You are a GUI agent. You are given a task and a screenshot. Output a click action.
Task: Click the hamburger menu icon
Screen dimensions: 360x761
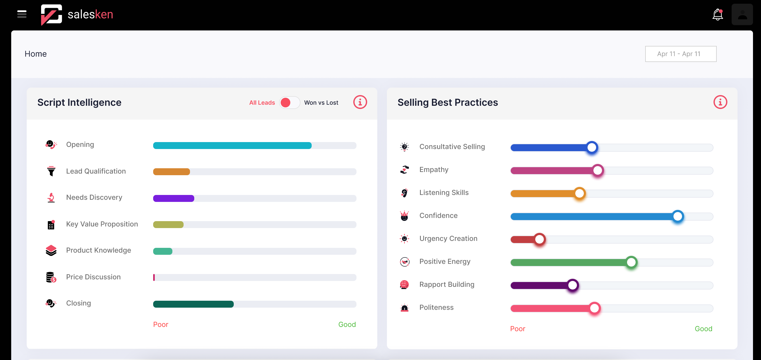coord(22,14)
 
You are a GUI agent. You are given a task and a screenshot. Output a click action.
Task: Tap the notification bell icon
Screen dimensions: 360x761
coord(717,14)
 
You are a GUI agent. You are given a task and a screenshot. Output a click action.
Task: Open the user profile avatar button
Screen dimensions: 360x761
coord(742,14)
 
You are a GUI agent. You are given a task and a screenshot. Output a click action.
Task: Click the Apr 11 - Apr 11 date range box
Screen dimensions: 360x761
coord(680,54)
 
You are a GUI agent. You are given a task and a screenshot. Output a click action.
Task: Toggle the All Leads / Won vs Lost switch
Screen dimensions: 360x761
coord(289,103)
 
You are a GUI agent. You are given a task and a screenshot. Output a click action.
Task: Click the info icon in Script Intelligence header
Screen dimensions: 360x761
coord(360,102)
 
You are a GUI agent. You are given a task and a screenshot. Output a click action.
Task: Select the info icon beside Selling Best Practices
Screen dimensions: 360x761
coord(720,102)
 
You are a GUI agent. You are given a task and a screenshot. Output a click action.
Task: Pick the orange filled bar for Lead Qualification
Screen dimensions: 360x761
coord(171,172)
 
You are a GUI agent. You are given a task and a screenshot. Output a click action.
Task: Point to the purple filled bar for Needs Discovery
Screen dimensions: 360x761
coord(173,198)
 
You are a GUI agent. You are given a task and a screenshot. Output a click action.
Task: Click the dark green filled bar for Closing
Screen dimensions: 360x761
coord(193,304)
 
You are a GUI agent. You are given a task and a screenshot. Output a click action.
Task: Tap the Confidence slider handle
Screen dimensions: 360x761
coord(678,216)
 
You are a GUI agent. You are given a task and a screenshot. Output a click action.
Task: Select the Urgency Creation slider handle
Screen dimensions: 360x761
coord(540,239)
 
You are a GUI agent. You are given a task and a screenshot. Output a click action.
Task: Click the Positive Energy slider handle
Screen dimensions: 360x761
coord(631,262)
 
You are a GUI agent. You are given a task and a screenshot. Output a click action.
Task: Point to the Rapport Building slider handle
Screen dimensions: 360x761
coord(573,285)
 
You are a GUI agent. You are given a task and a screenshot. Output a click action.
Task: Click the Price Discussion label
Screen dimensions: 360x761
coord(93,277)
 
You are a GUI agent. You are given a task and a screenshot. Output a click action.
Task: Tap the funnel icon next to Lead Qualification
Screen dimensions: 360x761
coord(51,171)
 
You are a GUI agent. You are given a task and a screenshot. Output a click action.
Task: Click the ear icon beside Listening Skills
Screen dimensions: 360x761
coord(404,193)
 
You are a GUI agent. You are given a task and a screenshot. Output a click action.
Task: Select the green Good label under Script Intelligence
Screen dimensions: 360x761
coord(347,324)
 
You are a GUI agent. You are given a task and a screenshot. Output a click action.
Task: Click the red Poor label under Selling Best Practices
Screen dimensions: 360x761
coord(517,329)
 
